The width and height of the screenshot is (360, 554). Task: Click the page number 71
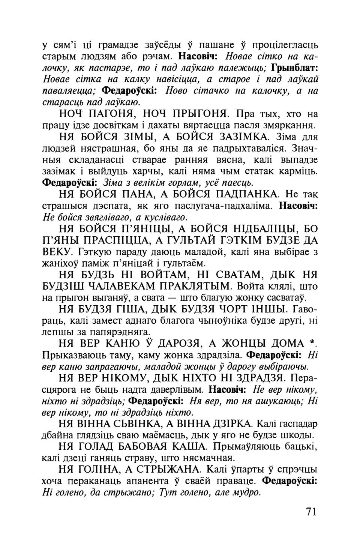pyautogui.click(x=311, y=512)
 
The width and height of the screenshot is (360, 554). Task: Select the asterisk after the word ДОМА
pyautogui.click(x=311, y=342)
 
